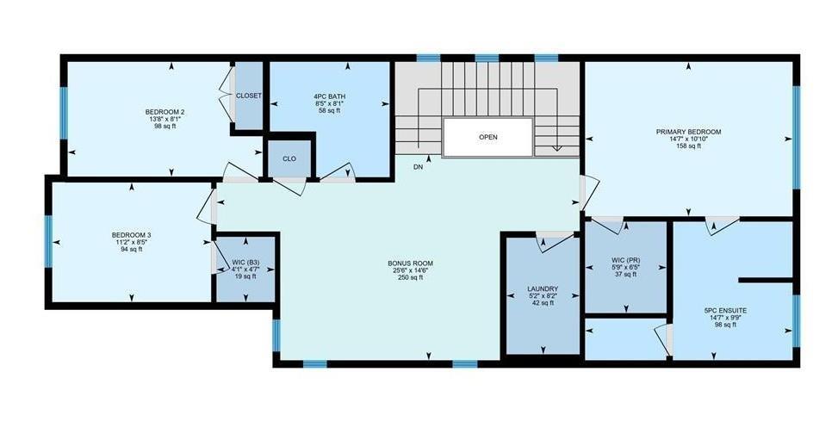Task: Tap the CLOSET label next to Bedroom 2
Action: (249, 96)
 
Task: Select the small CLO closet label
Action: (289, 158)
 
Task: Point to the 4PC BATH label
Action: (329, 96)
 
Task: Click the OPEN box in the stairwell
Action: (488, 138)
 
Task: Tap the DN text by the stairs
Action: (418, 167)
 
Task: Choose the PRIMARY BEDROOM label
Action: (688, 132)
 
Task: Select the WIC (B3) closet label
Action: (245, 262)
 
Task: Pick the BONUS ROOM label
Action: (411, 263)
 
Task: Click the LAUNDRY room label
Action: (543, 288)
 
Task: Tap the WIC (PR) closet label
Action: (626, 260)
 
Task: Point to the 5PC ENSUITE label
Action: (726, 310)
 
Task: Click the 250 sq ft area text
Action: (411, 277)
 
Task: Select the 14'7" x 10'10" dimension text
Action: (688, 139)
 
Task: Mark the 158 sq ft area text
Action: (688, 146)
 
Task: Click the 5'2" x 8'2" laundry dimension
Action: (543, 295)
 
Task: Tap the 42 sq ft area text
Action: (543, 302)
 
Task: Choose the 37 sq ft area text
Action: (626, 275)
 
